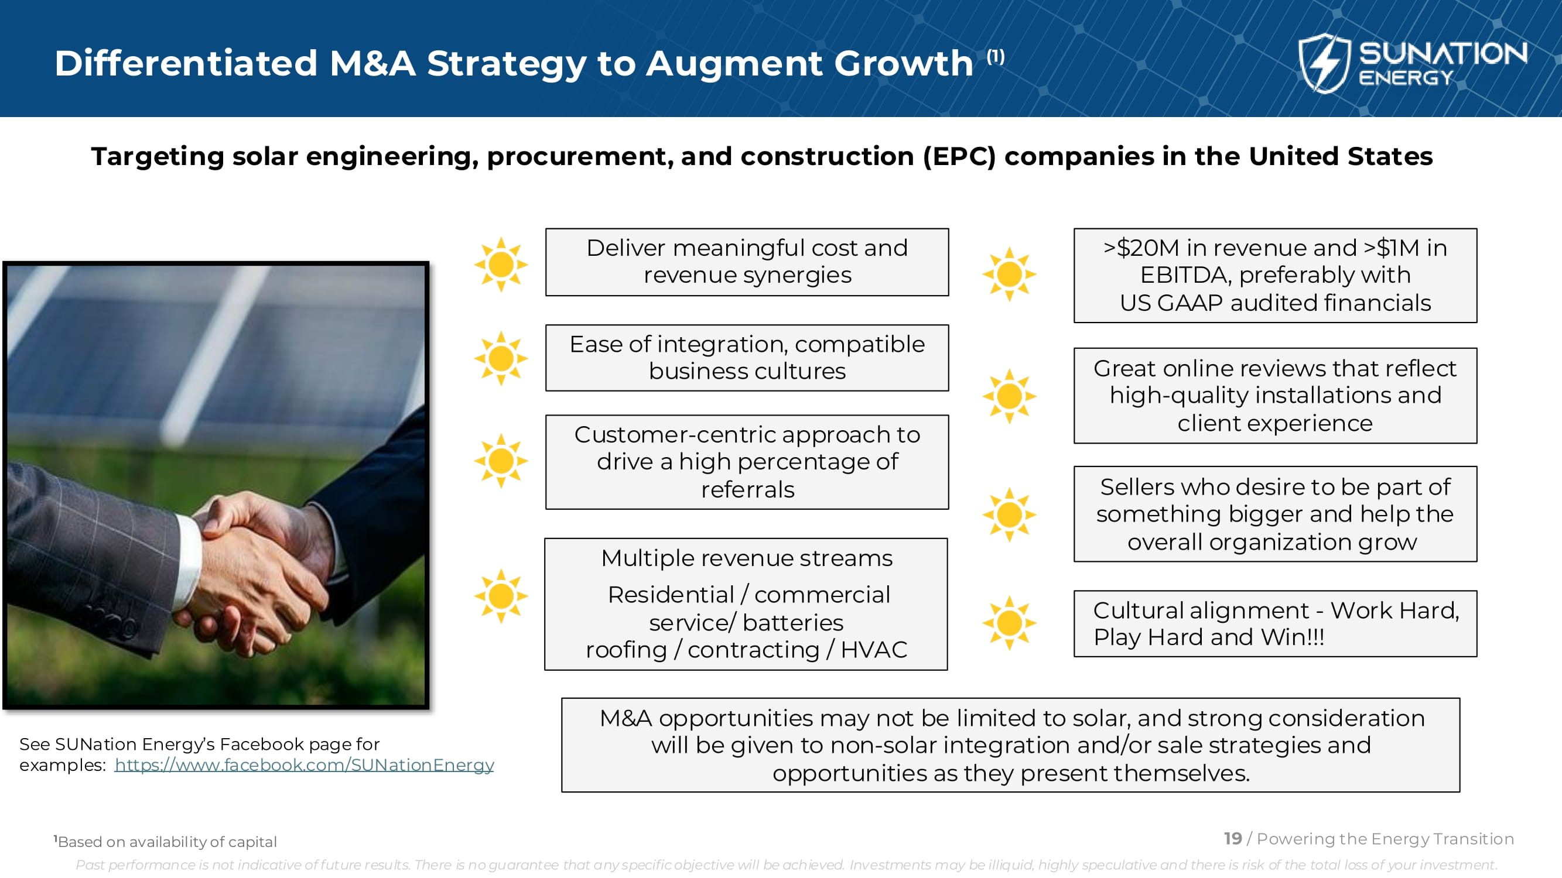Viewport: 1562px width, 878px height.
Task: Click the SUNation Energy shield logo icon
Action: point(1324,63)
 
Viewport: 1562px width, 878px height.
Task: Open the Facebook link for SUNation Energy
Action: point(305,764)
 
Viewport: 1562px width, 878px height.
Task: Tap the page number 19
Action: point(1233,839)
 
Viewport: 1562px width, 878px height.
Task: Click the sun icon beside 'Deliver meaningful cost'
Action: point(501,264)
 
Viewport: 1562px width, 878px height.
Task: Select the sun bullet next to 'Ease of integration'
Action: point(501,358)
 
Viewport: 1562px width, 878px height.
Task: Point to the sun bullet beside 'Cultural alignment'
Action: point(1009,623)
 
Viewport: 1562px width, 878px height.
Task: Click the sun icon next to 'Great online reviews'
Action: point(1009,396)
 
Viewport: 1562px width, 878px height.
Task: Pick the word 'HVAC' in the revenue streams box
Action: point(874,650)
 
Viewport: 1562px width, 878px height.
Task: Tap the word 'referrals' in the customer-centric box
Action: point(748,489)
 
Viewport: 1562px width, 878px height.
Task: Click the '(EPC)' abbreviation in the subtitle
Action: point(959,156)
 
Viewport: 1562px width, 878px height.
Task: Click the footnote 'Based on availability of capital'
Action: point(165,842)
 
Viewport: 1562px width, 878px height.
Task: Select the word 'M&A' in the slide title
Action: point(372,63)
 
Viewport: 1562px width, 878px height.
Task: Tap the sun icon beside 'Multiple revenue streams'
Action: point(501,596)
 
